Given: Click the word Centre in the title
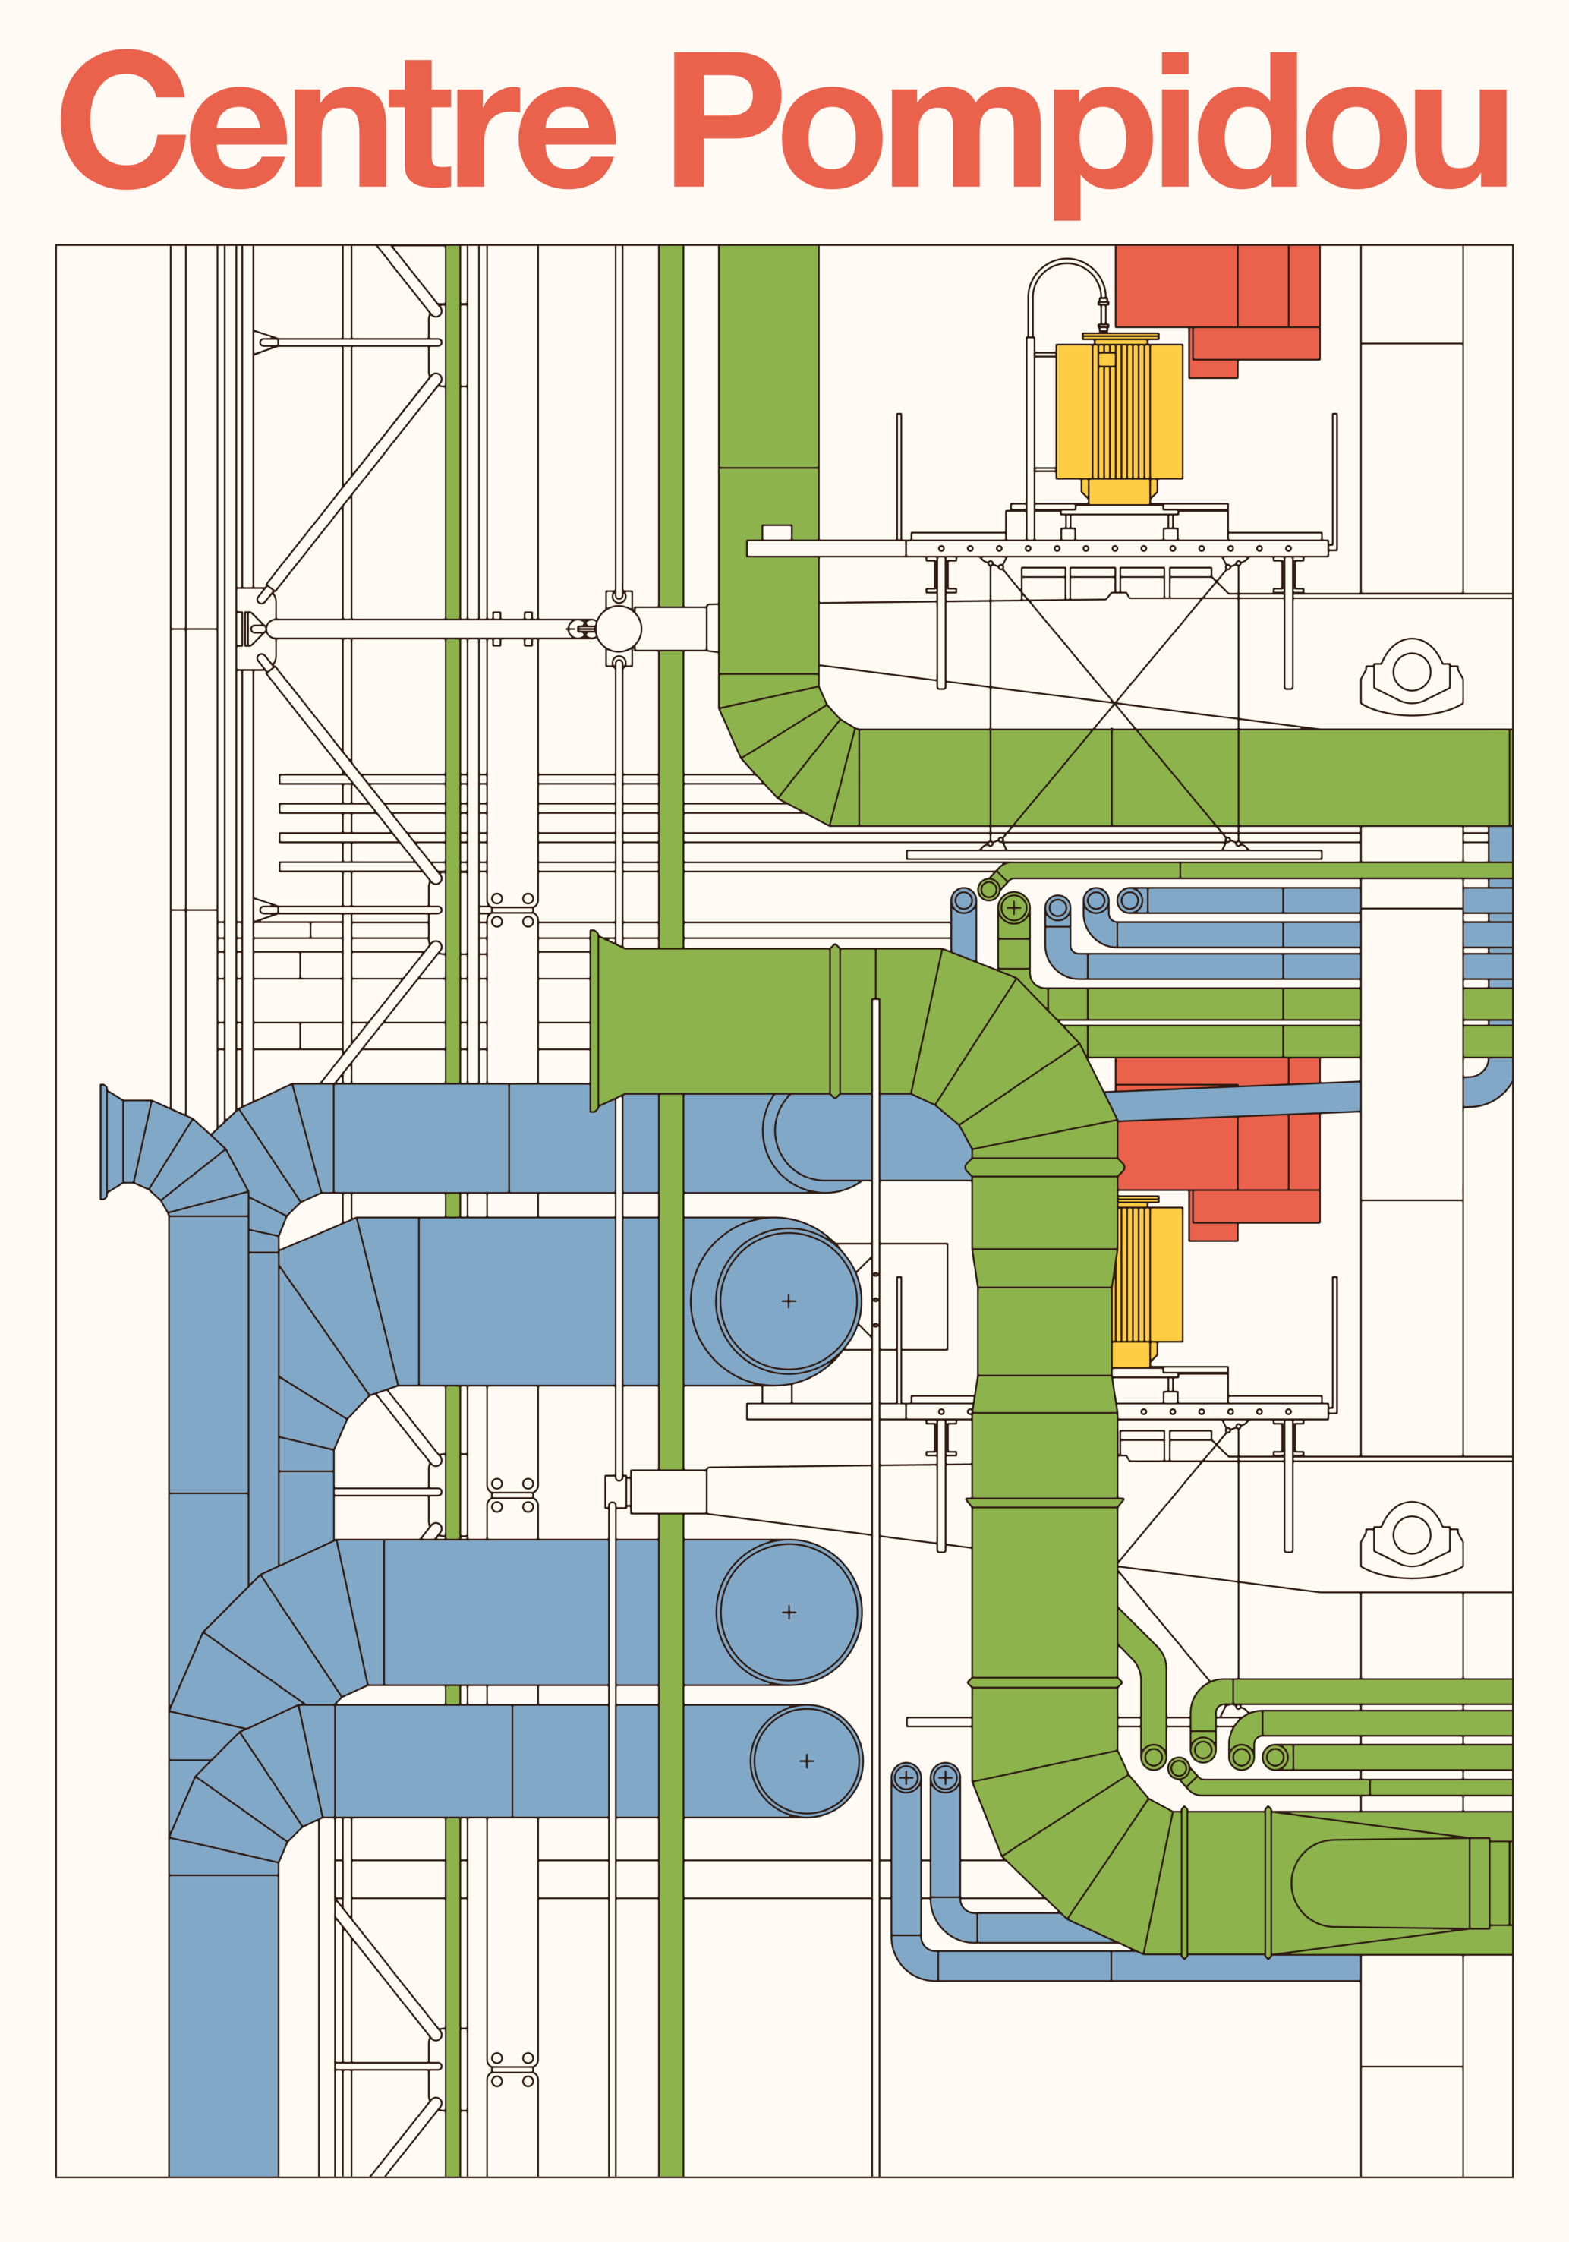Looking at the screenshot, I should pyautogui.click(x=337, y=122).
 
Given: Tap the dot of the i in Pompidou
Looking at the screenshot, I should pyautogui.click(x=1174, y=62).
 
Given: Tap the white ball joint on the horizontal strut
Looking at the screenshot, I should pyautogui.click(x=619, y=629).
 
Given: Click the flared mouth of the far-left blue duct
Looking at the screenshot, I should pyautogui.click(x=105, y=1142).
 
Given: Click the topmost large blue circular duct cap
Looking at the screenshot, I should pyautogui.click(x=788, y=1301).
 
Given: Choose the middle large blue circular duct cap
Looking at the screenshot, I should pyautogui.click(x=789, y=1612).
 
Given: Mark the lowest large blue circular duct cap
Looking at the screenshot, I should pyautogui.click(x=806, y=1761).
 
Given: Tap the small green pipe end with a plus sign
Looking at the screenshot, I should pyautogui.click(x=1013, y=909).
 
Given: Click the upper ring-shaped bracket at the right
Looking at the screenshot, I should pyautogui.click(x=1412, y=673).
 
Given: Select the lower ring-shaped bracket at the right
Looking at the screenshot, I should pyautogui.click(x=1412, y=1535).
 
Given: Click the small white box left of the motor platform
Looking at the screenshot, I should pyautogui.click(x=777, y=532).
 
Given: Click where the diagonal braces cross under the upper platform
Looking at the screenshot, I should pyautogui.click(x=1114, y=702).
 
